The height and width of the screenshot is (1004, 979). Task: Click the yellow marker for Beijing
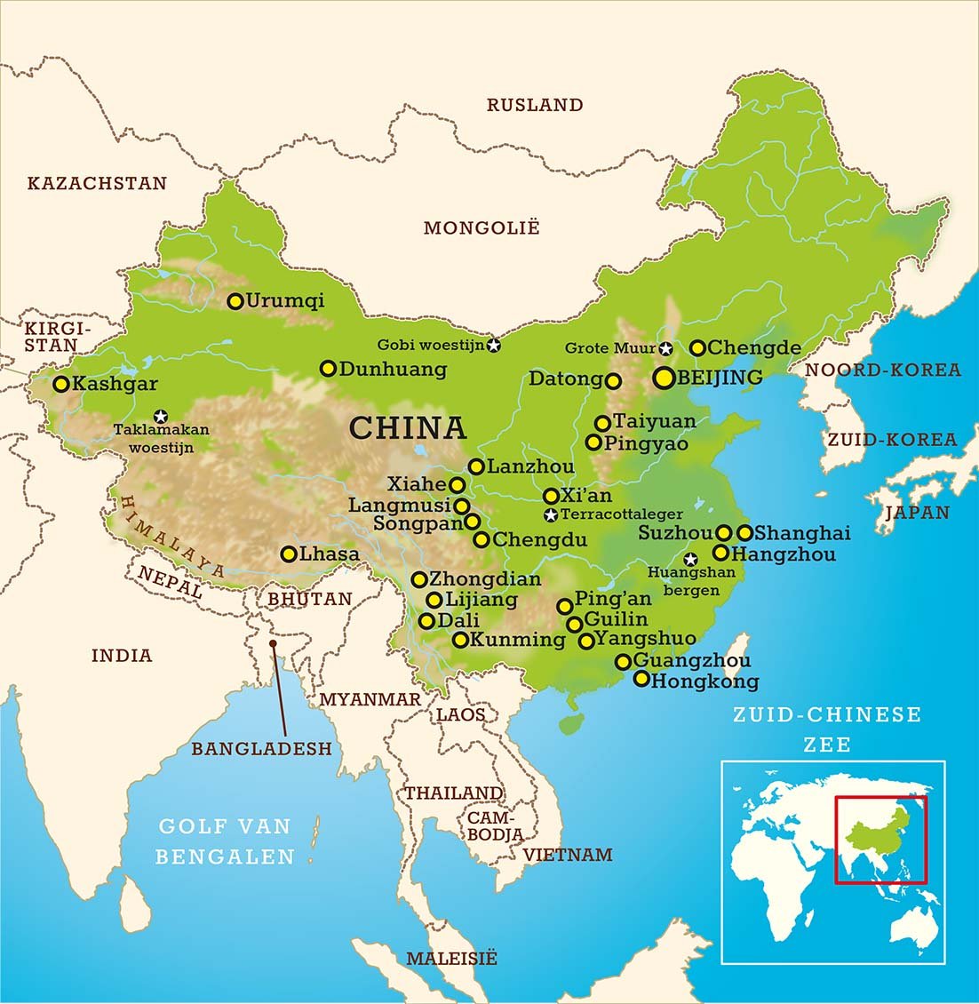[x=663, y=378]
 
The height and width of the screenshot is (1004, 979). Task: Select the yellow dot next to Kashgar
[x=61, y=385]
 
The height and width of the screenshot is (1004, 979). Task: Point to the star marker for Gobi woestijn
[x=493, y=345]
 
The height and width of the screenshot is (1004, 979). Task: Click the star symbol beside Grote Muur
[x=665, y=348]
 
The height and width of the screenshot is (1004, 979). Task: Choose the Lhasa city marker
[x=288, y=554]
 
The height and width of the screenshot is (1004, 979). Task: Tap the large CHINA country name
[x=408, y=428]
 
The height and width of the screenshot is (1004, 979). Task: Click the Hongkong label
[x=704, y=681]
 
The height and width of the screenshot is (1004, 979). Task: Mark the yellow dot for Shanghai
[x=745, y=533]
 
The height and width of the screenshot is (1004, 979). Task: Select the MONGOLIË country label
[x=481, y=228]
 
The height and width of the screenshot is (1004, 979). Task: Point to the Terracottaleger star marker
[x=551, y=515]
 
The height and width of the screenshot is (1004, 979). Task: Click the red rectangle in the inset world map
[x=880, y=840]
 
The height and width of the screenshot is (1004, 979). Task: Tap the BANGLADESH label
[x=261, y=749]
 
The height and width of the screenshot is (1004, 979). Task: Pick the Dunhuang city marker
[x=328, y=368]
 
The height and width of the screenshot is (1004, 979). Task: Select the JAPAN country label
[x=917, y=513]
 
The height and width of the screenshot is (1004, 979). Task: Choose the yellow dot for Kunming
[x=460, y=640]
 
